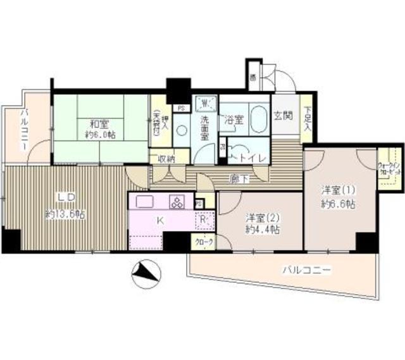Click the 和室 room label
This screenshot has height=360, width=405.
[97, 124]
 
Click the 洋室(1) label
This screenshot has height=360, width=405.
[334, 189]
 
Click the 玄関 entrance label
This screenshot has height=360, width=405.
[283, 116]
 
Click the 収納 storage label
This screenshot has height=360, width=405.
[166, 158]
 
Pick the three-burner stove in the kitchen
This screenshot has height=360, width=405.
[177, 202]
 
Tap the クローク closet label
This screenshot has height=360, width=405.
[204, 242]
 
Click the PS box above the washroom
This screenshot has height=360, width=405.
[181, 108]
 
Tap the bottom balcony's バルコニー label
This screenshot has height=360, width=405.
[307, 270]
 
